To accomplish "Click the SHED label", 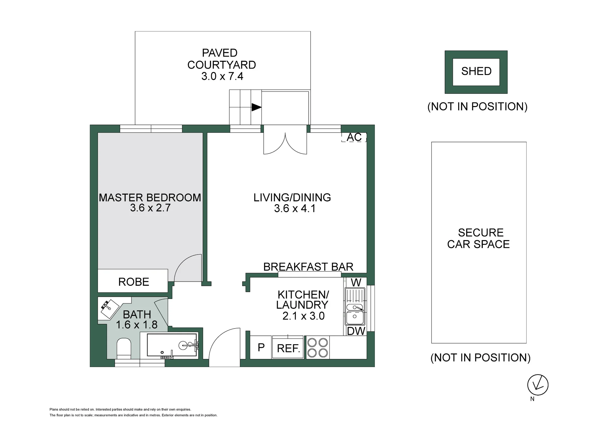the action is tap(476, 71).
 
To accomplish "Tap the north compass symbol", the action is tap(538, 385).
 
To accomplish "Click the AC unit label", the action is tap(354, 137).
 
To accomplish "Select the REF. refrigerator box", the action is tap(288, 347).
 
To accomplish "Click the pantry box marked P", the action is tap(261, 347).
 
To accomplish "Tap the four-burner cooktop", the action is tap(318, 348).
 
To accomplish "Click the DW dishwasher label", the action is tap(356, 331).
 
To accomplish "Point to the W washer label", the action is tap(356, 282).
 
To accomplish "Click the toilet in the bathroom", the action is tap(124, 348).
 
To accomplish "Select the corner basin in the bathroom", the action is tap(109, 308).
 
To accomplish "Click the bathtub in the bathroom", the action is tap(172, 345).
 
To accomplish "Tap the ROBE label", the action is tap(134, 282).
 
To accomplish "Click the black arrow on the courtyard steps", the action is tap(256, 107).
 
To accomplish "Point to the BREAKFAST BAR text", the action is tap(308, 267).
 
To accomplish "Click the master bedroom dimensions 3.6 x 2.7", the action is tap(150, 208).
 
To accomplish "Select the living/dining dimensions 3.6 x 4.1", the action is tap(295, 208).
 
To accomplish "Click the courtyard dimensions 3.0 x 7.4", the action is tap(222, 76).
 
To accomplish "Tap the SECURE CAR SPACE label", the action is tap(479, 238).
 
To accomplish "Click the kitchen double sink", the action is tap(355, 306).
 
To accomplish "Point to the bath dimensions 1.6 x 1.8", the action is tap(137, 325).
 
